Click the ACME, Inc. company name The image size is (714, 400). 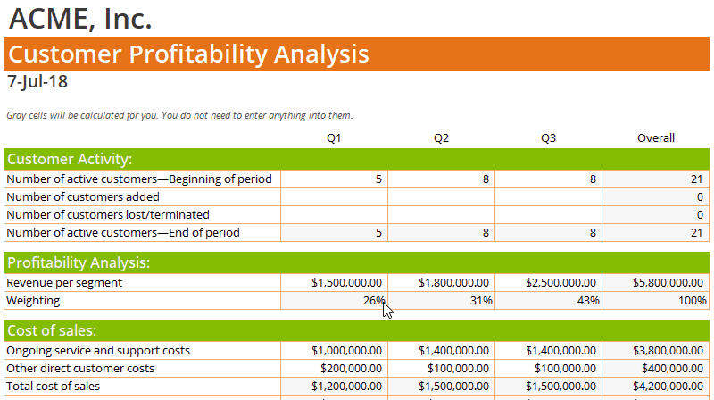tap(80, 18)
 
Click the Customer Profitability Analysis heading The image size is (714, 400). tap(188, 54)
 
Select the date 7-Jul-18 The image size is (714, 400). tap(37, 82)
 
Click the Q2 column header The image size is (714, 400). tap(441, 137)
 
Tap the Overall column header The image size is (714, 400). tap(655, 137)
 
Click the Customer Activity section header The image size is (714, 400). tap(70, 159)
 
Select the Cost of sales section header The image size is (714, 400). tap(58, 330)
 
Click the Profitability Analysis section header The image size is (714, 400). tap(79, 262)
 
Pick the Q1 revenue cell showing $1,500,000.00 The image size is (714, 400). tap(347, 283)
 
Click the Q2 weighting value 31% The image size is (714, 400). tap(481, 301)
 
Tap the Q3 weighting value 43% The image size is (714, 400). tap(588, 301)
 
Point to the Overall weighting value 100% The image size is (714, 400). tap(693, 301)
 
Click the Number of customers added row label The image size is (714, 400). tap(83, 196)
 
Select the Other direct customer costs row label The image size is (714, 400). tap(80, 368)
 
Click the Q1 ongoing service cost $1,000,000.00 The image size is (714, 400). tap(347, 351)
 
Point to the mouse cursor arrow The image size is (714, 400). tap(386, 308)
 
